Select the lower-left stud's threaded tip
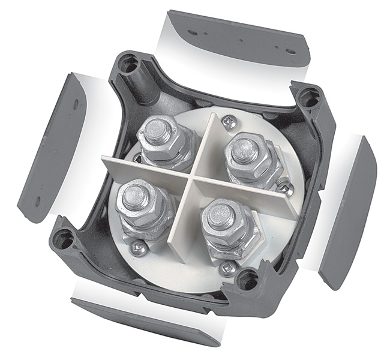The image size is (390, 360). tap(136, 196)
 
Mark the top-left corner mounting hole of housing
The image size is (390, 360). tap(128, 65)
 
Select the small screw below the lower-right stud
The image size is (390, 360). tap(227, 268)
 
